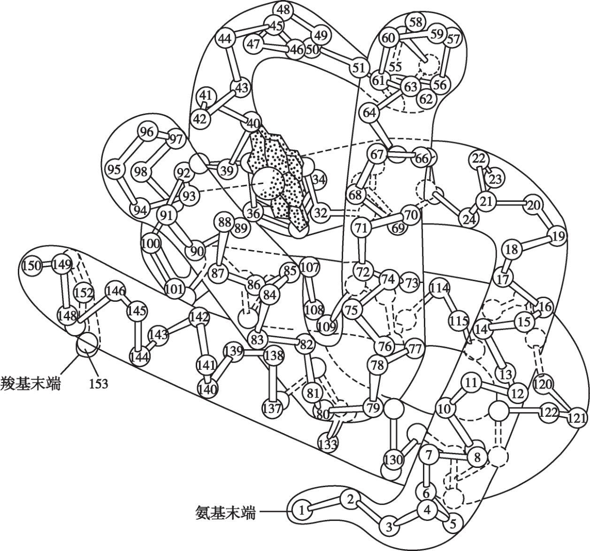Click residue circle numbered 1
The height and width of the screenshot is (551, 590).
point(302,510)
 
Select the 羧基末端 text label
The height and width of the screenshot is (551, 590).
point(31,384)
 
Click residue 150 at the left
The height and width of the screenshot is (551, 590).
point(32,266)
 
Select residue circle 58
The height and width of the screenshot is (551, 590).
point(415,22)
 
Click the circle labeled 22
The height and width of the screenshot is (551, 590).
point(479,159)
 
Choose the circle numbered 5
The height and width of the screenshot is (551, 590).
point(452,523)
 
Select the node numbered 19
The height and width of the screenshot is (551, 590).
point(557,236)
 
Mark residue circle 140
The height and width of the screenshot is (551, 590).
point(208,389)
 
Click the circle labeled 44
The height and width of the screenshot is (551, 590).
point(226,39)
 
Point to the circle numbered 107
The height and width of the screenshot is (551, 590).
point(309,268)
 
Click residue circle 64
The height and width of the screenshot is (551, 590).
point(370,113)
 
